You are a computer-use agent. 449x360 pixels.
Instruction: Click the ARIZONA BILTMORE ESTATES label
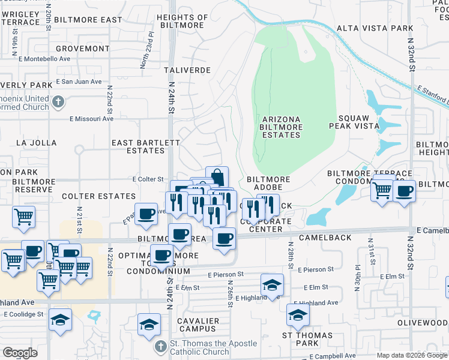tap(280, 127)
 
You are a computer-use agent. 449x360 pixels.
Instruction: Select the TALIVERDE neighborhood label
tap(187, 70)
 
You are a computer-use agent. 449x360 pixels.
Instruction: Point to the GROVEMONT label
tap(82, 48)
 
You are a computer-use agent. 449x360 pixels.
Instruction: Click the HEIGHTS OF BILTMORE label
tap(182, 22)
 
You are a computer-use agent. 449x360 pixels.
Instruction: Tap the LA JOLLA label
tap(36, 143)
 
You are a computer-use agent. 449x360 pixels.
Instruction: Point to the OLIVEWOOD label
tap(423, 323)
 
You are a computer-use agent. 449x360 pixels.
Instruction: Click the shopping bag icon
tap(217, 177)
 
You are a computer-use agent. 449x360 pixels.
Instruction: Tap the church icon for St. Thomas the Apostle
tap(160, 347)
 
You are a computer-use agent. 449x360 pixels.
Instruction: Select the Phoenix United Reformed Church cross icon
tap(58, 101)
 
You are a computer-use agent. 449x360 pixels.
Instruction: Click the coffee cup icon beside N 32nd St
tap(405, 191)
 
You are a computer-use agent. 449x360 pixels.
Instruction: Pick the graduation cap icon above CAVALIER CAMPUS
tap(149, 324)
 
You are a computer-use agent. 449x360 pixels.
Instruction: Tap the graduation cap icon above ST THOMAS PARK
tap(298, 314)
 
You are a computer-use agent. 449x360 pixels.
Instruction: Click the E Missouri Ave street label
tap(91, 119)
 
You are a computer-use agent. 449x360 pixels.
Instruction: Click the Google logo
tap(20, 353)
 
